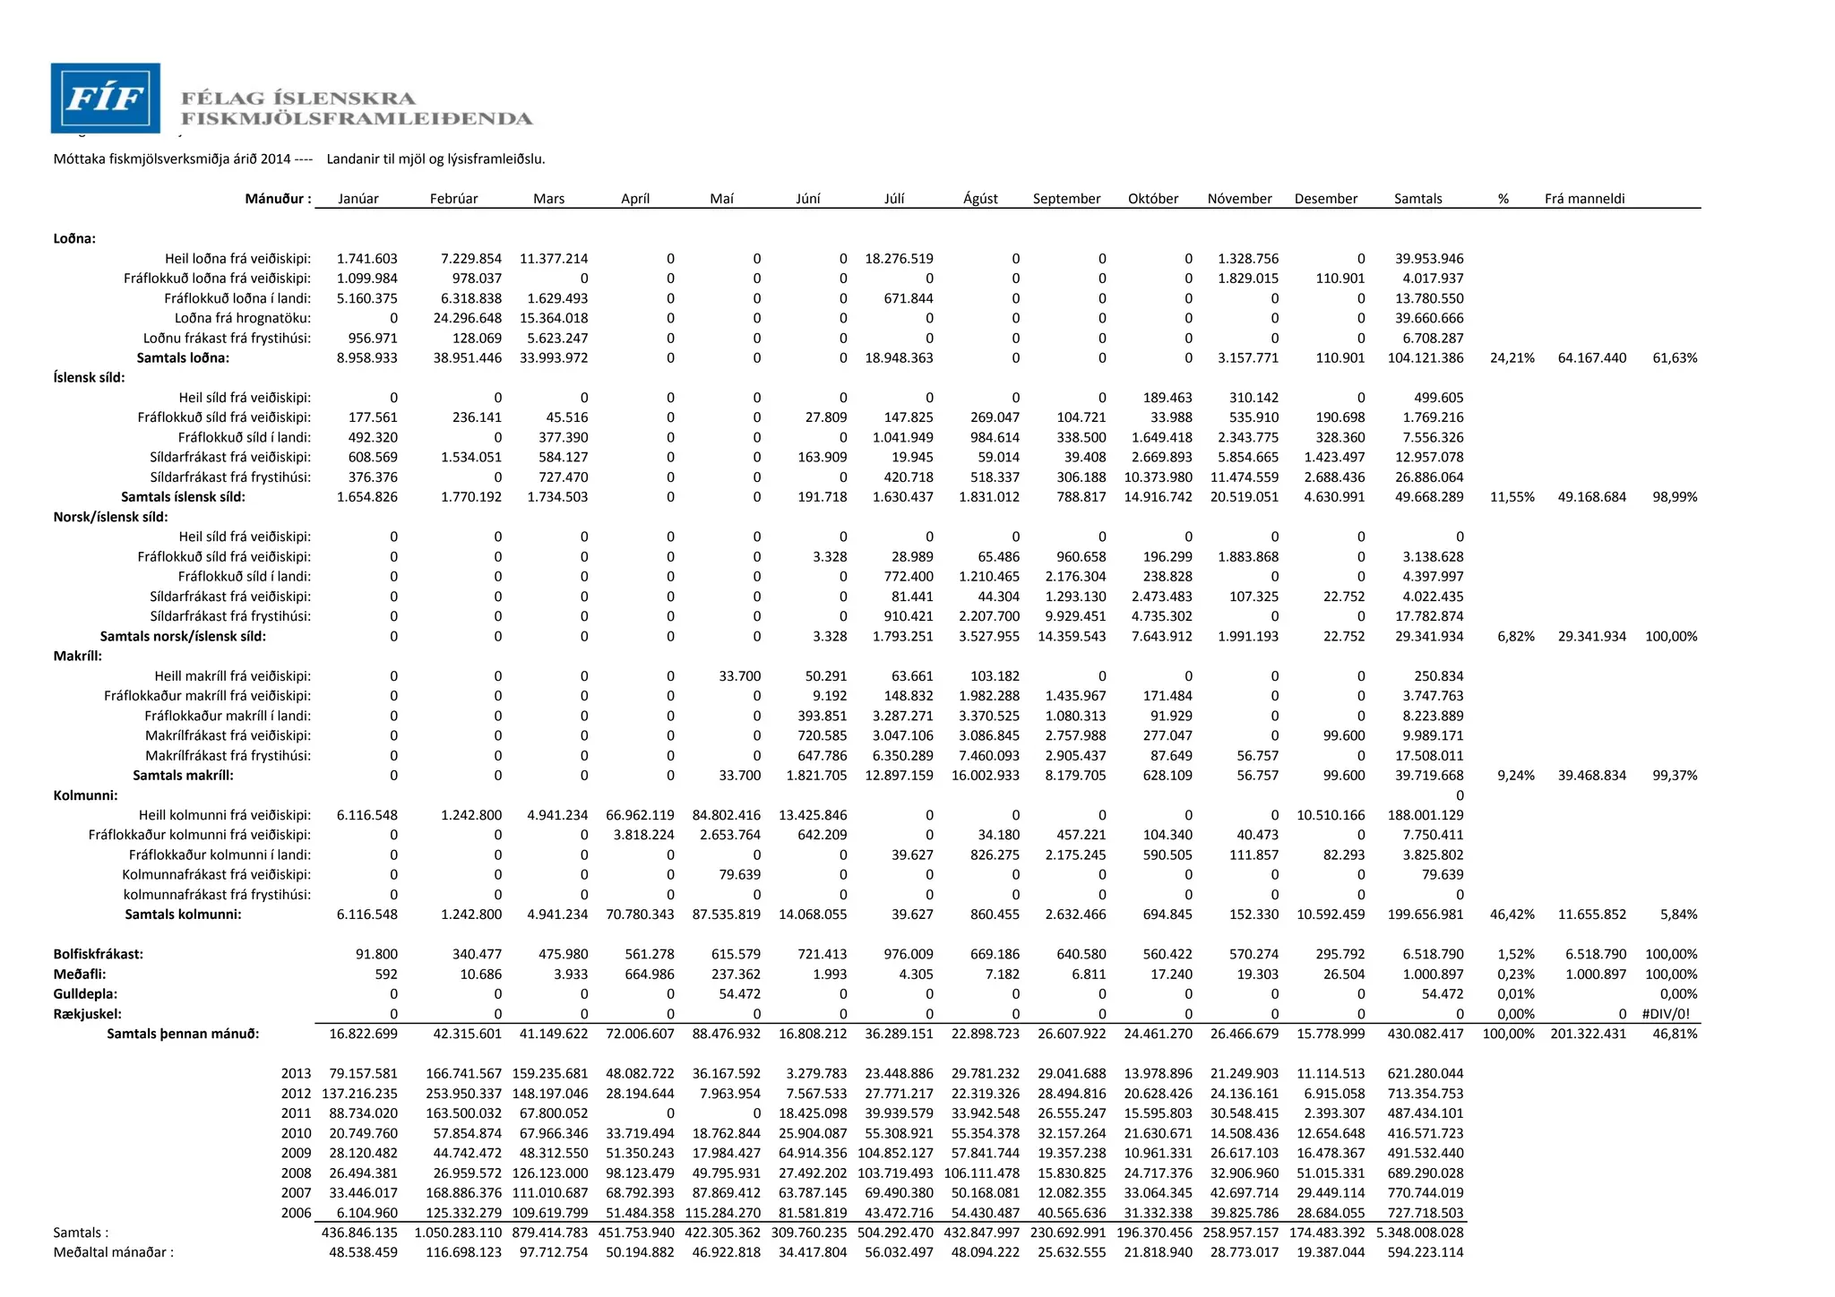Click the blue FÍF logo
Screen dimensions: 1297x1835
(106, 98)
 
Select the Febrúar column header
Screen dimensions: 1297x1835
(453, 199)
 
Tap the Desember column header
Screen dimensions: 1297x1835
(1325, 199)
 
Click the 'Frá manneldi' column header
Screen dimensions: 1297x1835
(1584, 199)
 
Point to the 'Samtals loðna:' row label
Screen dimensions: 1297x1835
(183, 358)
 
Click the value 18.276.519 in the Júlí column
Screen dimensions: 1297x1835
(899, 259)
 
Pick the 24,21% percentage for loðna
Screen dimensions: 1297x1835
(1512, 358)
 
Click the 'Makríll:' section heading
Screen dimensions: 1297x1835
(78, 657)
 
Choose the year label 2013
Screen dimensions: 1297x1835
(296, 1074)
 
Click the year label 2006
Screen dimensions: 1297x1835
(296, 1213)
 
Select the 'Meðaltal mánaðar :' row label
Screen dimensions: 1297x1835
(114, 1252)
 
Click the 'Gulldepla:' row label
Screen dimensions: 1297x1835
(85, 994)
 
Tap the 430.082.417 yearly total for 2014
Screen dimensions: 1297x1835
(1425, 1034)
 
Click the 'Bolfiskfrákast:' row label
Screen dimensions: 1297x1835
(99, 955)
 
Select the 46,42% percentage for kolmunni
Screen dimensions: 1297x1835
(1512, 915)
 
